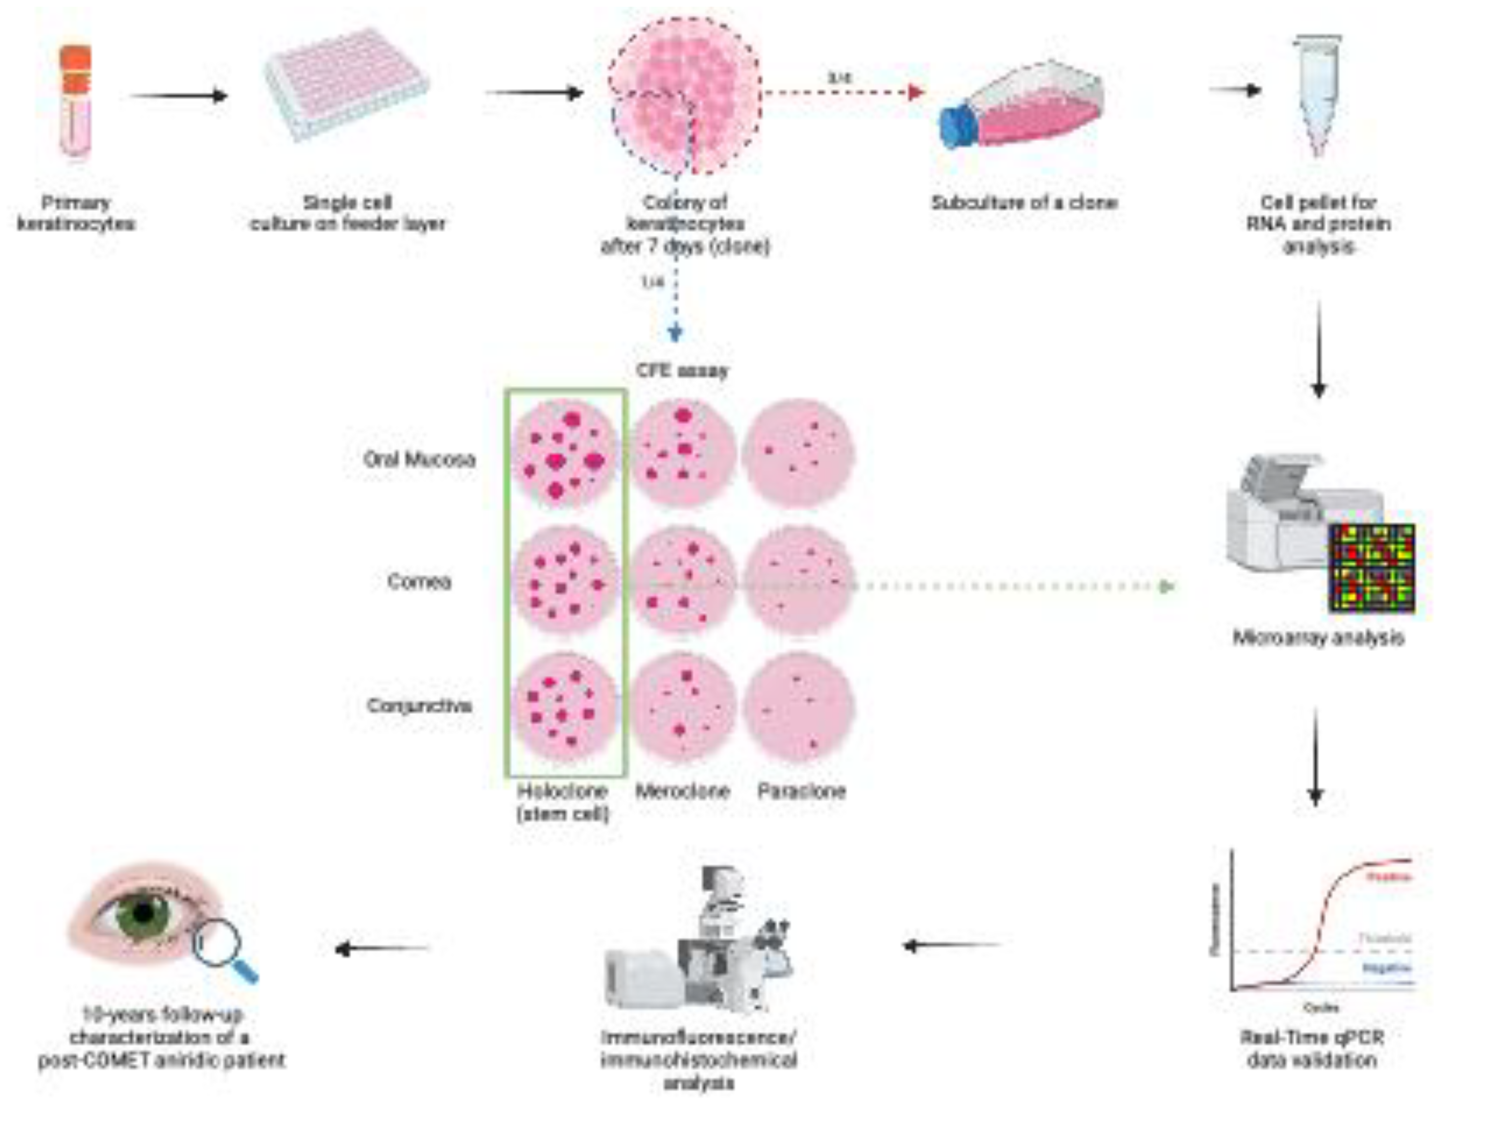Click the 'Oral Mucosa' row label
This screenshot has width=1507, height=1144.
coord(419,459)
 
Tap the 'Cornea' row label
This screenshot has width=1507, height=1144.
coord(419,581)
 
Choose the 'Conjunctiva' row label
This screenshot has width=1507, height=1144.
coord(419,706)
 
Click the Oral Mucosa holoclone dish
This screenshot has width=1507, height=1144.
coord(564,453)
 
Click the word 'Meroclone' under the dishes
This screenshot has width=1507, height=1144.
coord(682,791)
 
